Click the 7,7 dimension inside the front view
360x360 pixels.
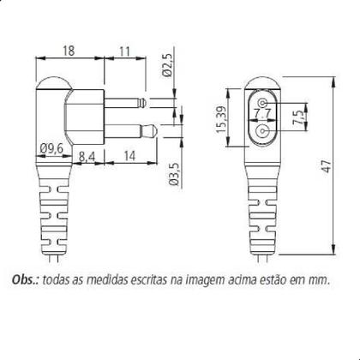(262, 113)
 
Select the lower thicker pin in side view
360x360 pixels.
(129, 130)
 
